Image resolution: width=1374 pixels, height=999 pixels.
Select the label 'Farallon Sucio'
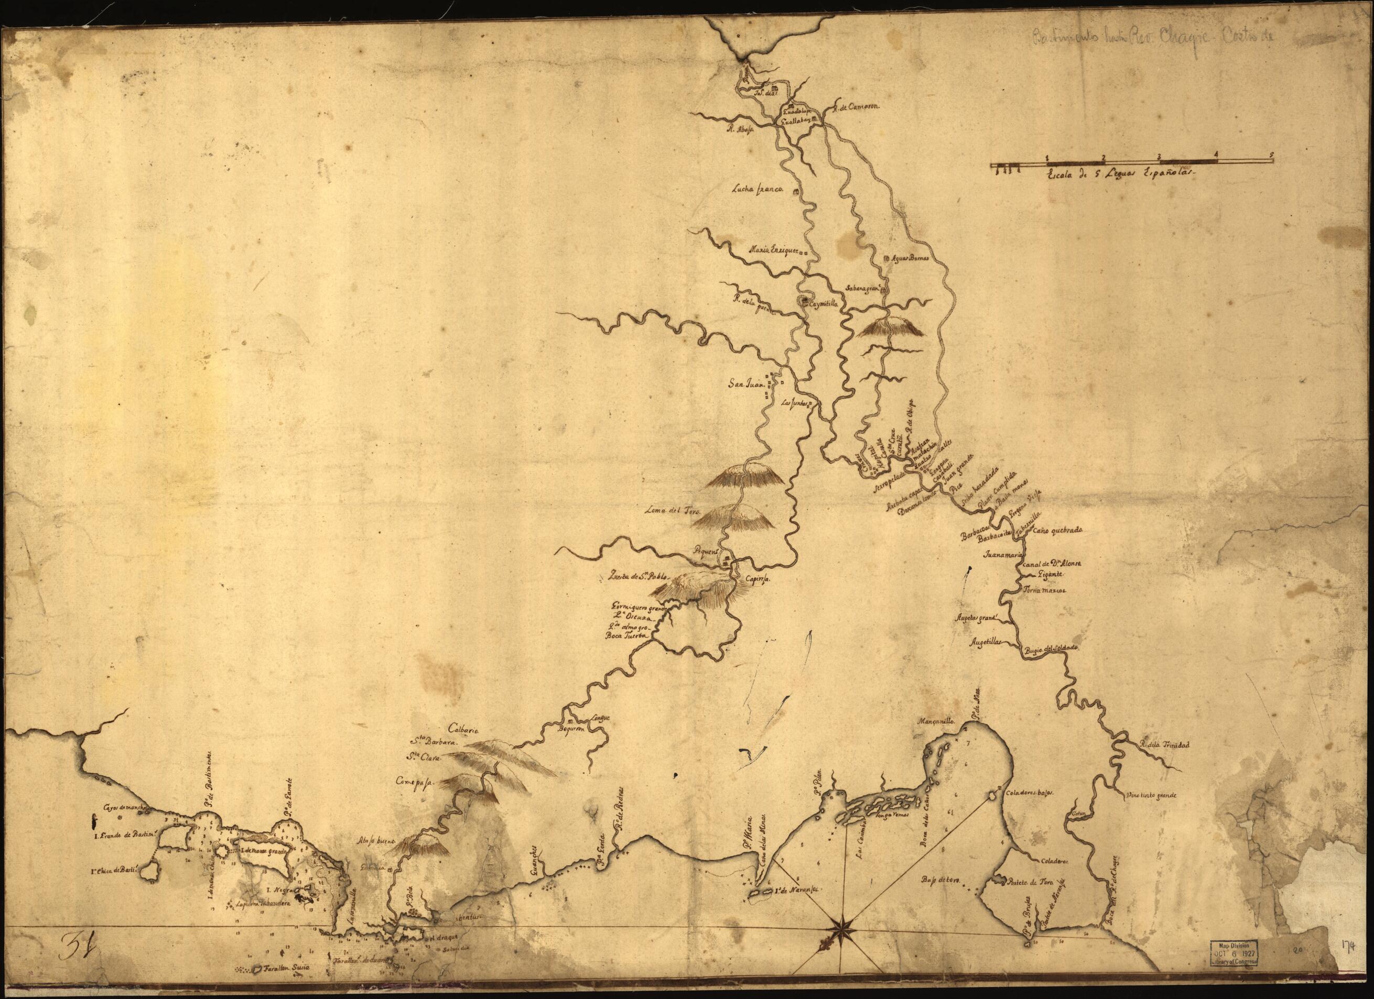280,984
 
